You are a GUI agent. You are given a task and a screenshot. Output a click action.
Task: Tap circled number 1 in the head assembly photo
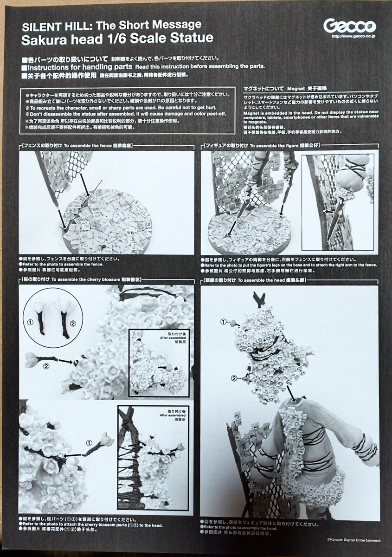click(225, 322)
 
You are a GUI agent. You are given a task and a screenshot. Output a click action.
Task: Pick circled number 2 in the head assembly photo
click(235, 378)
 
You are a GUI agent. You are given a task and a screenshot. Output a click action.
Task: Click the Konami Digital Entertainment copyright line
click(352, 540)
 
